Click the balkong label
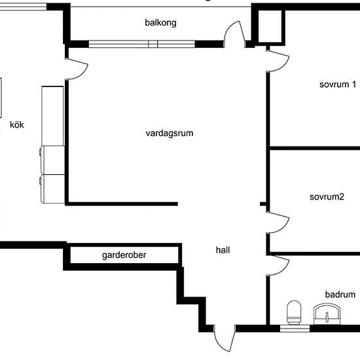click(x=160, y=23)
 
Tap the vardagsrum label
click(x=170, y=134)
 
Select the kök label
click(x=17, y=124)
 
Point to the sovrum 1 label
click(x=338, y=84)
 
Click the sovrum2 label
click(x=327, y=197)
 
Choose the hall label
click(x=223, y=250)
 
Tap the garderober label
click(x=124, y=255)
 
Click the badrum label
click(x=340, y=295)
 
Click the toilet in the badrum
click(x=294, y=312)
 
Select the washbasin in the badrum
click(x=327, y=314)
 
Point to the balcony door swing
click(x=234, y=34)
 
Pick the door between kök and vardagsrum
click(x=77, y=69)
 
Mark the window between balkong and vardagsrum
click(x=142, y=44)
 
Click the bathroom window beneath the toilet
click(x=295, y=329)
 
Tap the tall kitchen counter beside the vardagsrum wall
click(x=52, y=116)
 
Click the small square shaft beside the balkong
click(x=270, y=26)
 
